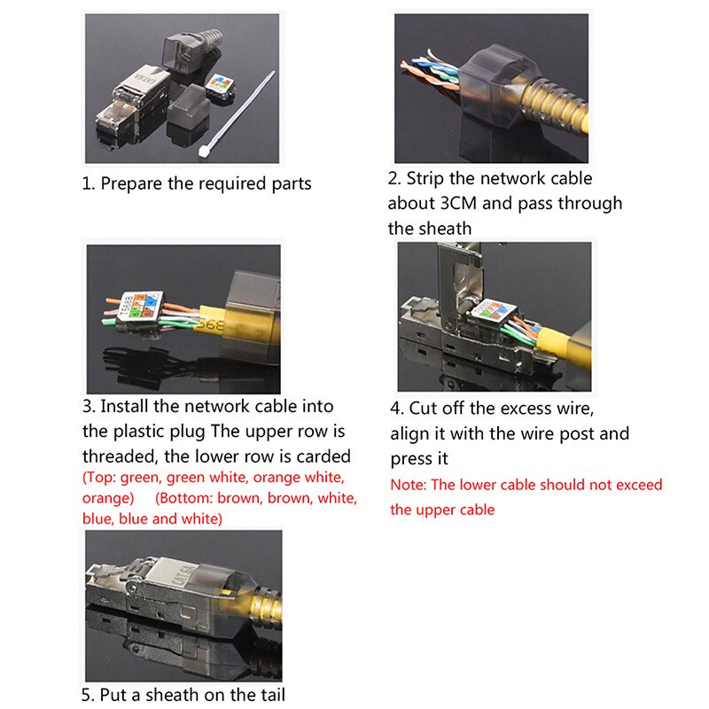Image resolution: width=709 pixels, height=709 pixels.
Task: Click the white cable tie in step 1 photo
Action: tap(236, 114)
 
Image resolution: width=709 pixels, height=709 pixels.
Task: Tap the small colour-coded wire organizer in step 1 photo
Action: tap(220, 87)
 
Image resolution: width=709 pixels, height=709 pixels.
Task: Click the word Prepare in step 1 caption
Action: tap(131, 184)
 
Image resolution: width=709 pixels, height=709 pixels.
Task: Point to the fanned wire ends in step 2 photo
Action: tap(430, 73)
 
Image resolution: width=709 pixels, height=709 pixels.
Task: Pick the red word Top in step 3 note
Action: tap(97, 478)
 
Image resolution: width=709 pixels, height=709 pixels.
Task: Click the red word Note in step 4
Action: tap(408, 485)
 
